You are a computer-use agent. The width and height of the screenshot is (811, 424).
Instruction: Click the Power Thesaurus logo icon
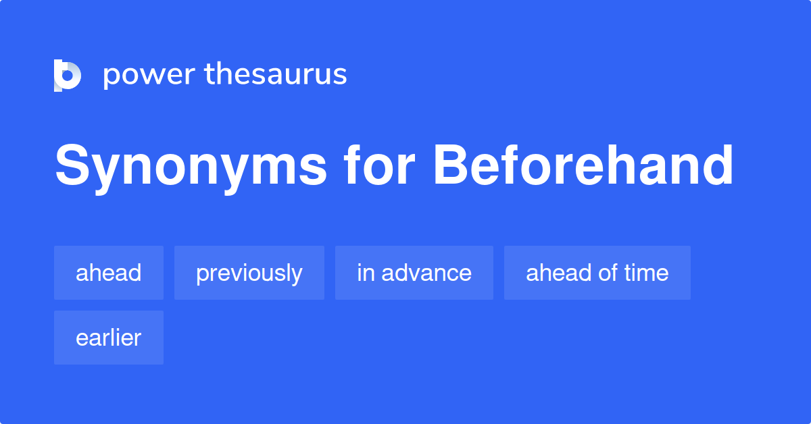pyautogui.click(x=68, y=75)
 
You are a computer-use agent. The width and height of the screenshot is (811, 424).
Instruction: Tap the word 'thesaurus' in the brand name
pyautogui.click(x=276, y=74)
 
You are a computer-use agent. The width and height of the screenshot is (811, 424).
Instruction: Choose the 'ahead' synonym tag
pyautogui.click(x=109, y=273)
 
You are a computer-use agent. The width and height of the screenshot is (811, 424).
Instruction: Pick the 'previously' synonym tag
pyautogui.click(x=249, y=273)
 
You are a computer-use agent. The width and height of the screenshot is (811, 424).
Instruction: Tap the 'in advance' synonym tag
pyautogui.click(x=414, y=273)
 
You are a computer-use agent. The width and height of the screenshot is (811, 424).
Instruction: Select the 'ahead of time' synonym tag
pyautogui.click(x=597, y=273)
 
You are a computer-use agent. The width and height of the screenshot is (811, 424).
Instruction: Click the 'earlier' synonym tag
pyautogui.click(x=109, y=338)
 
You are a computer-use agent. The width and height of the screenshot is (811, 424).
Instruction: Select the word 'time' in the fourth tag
pyautogui.click(x=647, y=273)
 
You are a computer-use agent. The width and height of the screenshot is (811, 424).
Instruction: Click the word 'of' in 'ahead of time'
pyautogui.click(x=608, y=273)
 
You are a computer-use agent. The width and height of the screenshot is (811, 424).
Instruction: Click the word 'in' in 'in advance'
pyautogui.click(x=365, y=273)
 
